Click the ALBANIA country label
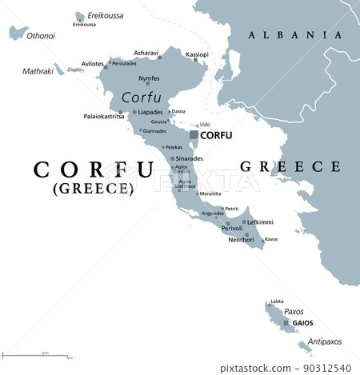pyautogui.click(x=295, y=34)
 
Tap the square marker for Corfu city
pyautogui.click(x=194, y=136)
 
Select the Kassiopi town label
pyautogui.click(x=197, y=54)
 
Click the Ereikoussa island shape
pyautogui.click(x=80, y=17)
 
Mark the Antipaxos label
pyautogui.click(x=324, y=341)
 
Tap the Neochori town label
pyautogui.click(x=242, y=239)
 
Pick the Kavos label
pyautogui.click(x=271, y=239)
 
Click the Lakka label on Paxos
pyautogui.click(x=277, y=301)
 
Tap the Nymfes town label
pyautogui.click(x=149, y=78)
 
